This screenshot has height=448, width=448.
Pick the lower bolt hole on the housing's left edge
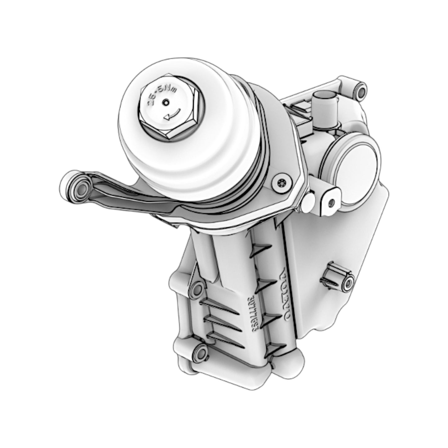(199, 352)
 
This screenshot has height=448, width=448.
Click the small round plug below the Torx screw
(309, 202)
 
